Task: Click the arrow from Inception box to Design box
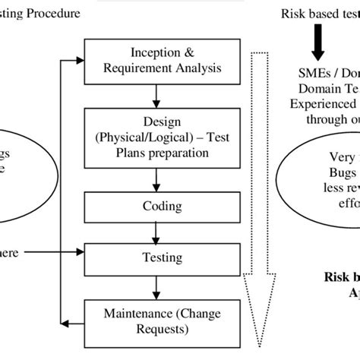click(x=155, y=94)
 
